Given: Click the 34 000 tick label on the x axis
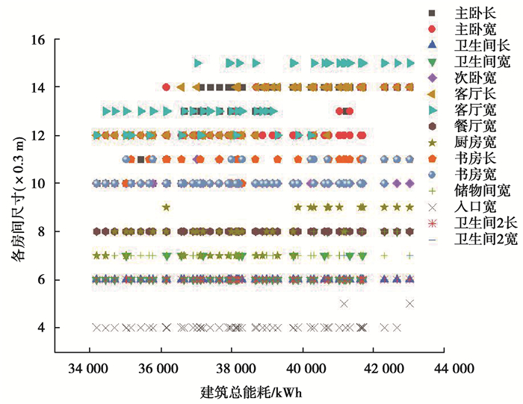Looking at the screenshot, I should tap(90, 369).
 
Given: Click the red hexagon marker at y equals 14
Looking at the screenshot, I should tap(166, 87).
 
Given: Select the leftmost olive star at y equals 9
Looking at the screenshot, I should tap(166, 208).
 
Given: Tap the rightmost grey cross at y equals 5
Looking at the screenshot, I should tap(409, 303).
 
